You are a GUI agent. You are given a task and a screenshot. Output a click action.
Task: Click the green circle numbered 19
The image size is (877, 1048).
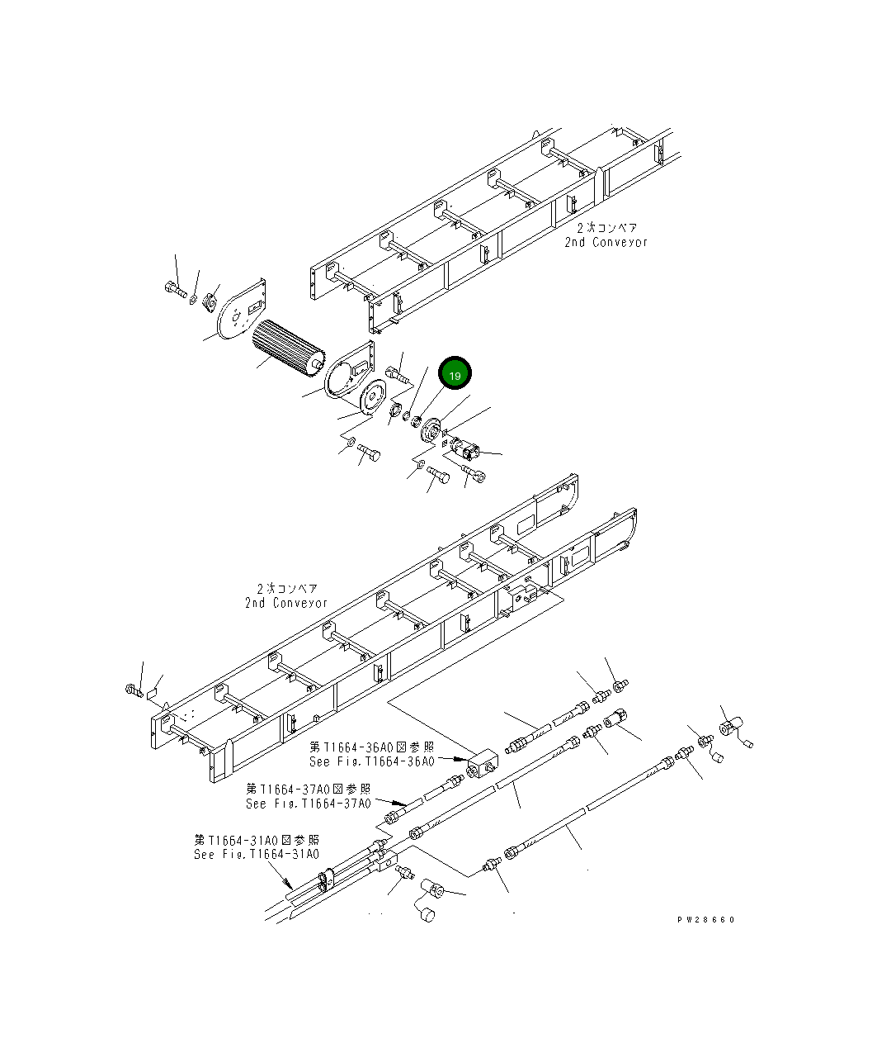coord(455,375)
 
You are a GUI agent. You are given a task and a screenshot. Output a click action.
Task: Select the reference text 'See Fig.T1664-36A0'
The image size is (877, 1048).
coord(371,761)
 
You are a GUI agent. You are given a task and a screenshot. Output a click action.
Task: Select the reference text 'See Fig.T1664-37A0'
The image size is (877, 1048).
coord(308,803)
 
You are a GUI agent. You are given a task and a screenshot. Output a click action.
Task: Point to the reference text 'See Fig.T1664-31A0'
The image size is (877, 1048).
coord(256,854)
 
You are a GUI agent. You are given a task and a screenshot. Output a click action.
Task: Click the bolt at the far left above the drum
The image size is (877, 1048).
coord(173,289)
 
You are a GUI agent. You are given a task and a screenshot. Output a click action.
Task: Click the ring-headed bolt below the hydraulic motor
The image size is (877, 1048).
coord(476,473)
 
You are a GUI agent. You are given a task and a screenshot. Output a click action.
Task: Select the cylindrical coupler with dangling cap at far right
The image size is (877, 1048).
coord(728,729)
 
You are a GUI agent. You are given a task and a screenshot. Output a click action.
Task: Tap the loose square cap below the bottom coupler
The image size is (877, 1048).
coord(426,914)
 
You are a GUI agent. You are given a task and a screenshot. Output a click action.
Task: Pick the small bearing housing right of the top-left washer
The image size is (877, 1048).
coord(210,301)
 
